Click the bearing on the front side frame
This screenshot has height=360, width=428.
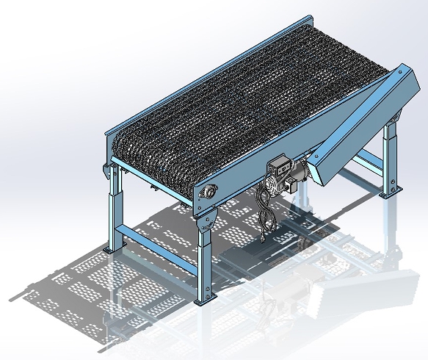tap(210, 192)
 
